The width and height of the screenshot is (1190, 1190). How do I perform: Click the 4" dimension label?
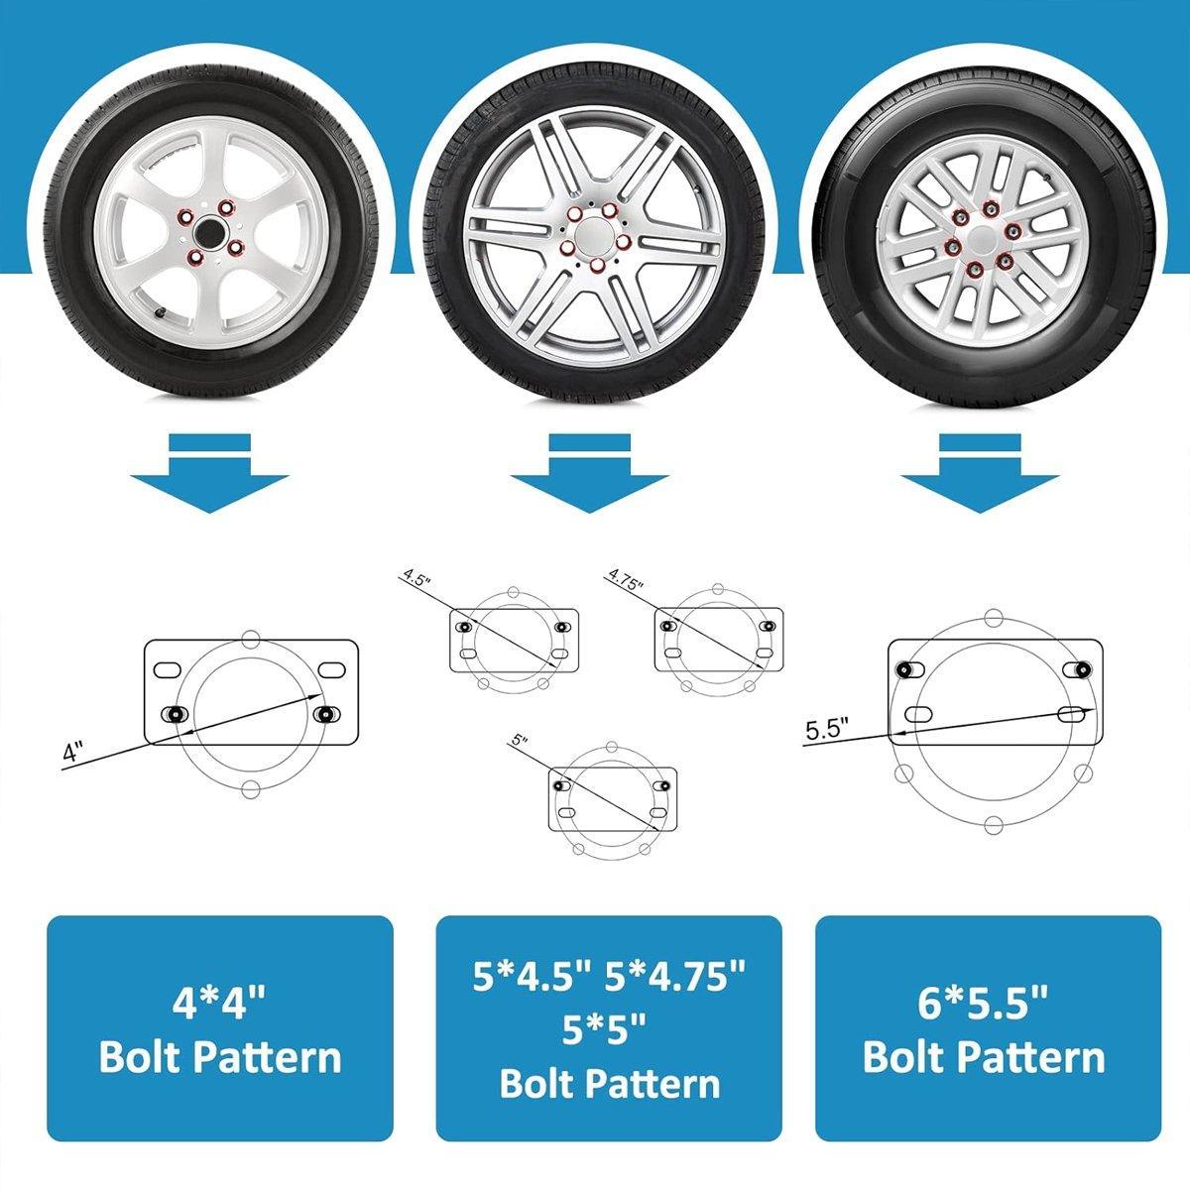point(71,752)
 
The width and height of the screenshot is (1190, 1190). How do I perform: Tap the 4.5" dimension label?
point(416,580)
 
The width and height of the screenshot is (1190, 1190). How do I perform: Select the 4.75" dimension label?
point(627,580)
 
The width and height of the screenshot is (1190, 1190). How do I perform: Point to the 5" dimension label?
point(523,741)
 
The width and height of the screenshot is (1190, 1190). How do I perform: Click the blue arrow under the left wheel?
point(208,476)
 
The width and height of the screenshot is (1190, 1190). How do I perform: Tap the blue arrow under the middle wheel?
point(589,476)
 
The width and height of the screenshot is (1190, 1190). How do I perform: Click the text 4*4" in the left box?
point(220,1004)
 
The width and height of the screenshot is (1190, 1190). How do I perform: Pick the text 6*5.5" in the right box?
point(985,1004)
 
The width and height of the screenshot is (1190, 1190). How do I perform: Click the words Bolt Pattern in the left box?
point(220,1057)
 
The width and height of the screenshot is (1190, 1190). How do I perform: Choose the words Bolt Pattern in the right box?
point(985,1057)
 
